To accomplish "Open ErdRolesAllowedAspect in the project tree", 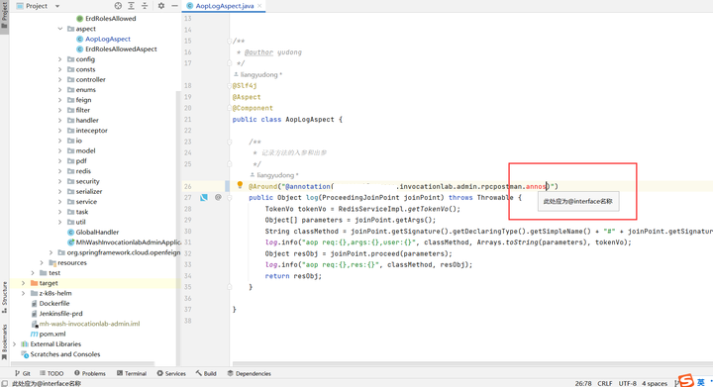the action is coord(120,48).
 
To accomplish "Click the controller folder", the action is coord(90,79).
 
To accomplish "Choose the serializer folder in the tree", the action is coord(88,191).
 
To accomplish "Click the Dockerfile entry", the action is coord(54,303).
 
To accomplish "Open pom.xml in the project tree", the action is coord(51,334).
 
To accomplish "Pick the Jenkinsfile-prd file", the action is coord(60,313).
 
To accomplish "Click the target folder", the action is coord(49,283).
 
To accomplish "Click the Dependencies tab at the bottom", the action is coord(250,373).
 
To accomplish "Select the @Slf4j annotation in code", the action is coord(245,86).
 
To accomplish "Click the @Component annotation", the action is coord(253,108).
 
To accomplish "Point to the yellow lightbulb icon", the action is coord(240,185).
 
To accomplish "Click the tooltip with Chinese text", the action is coord(578,201).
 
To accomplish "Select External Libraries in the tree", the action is coord(55,343).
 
